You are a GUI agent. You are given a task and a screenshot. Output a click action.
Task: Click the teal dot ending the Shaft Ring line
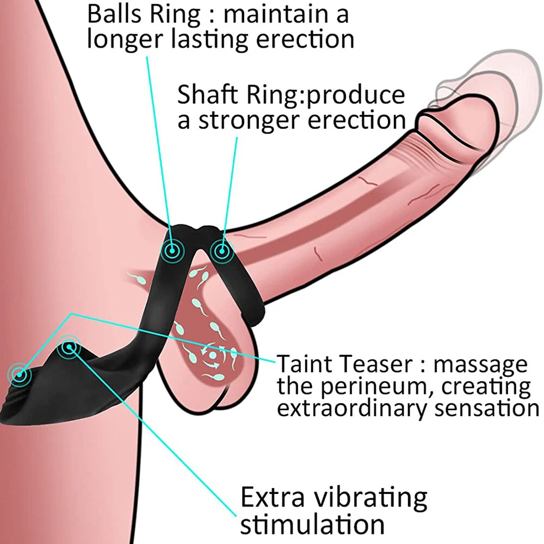point(220,250)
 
